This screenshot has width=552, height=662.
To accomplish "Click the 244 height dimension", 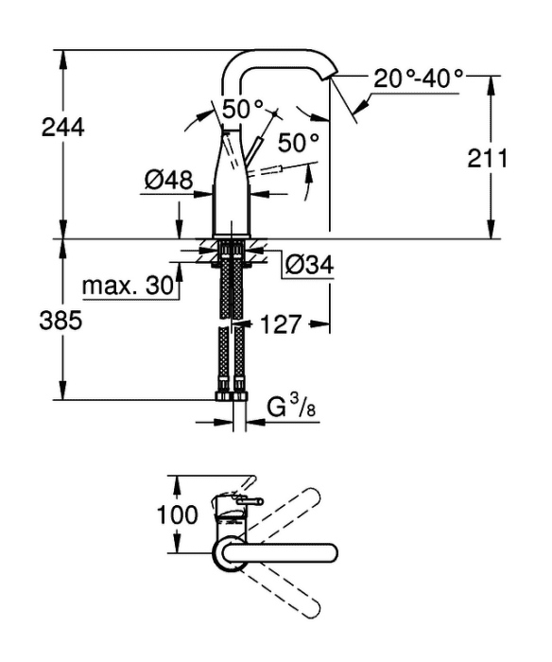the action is (63, 128).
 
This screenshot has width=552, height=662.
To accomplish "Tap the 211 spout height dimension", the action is (488, 158).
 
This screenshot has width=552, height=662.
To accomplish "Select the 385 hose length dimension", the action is (60, 321).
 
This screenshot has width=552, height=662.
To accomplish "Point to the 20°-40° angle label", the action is (418, 78).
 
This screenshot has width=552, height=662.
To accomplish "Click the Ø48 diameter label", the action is (169, 180).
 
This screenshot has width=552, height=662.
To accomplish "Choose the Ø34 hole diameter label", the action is (309, 265).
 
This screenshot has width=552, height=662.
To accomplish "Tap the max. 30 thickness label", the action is (129, 286).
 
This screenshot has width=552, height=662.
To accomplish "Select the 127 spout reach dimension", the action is (281, 324).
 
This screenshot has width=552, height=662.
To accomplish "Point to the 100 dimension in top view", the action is (178, 514).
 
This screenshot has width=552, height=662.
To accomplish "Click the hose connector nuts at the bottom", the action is (232, 395).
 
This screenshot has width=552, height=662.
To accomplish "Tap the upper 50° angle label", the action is (242, 110).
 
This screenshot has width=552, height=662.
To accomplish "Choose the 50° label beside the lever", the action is (298, 142).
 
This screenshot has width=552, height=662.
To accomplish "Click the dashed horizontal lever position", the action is (265, 169).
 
